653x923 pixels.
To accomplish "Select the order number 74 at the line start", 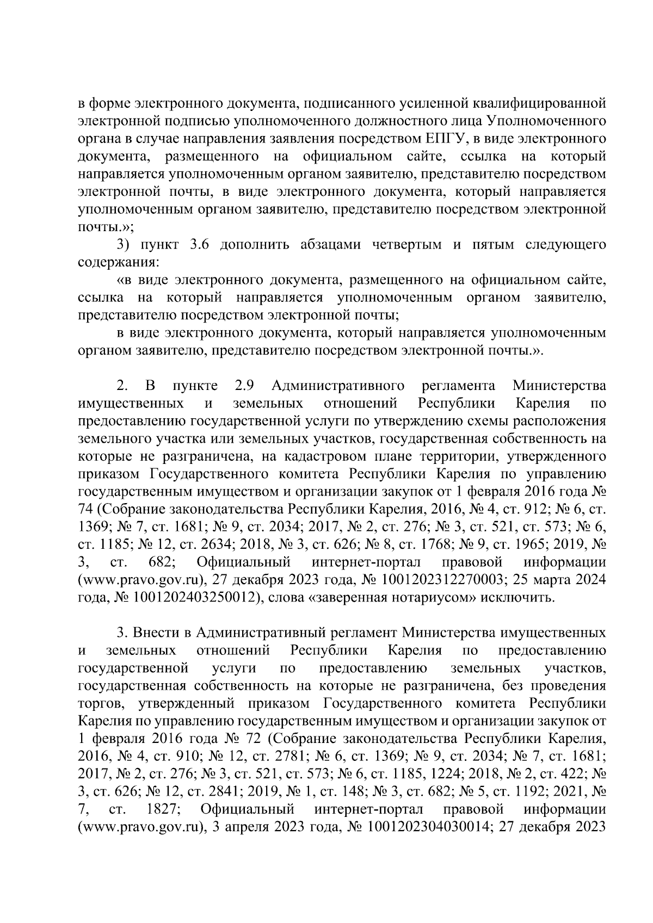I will pos(85,510).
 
